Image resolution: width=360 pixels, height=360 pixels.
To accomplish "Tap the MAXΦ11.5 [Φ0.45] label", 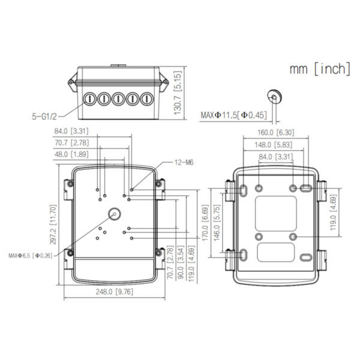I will pos(235,115).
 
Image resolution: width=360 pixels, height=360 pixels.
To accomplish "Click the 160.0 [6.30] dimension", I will pos(276,133).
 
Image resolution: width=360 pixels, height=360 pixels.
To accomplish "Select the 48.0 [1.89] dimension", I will pos(72,154).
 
